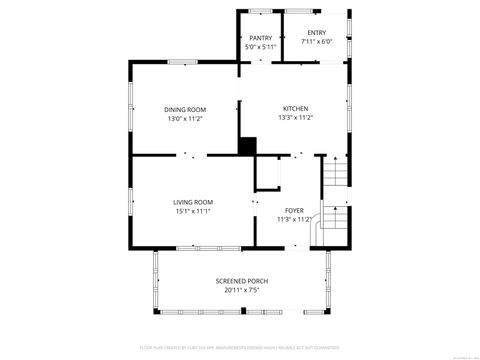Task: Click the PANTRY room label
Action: pyautogui.click(x=260, y=38)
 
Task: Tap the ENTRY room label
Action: pyautogui.click(x=316, y=32)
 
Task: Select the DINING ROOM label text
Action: pyautogui.click(x=185, y=109)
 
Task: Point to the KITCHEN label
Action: pyautogui.click(x=295, y=109)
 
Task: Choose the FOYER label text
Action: pyautogui.click(x=294, y=210)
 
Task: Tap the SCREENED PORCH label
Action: pyautogui.click(x=242, y=281)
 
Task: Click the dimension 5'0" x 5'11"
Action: pyautogui.click(x=260, y=47)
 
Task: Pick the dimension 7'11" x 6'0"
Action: pyautogui.click(x=316, y=41)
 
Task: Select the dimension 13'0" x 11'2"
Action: pyautogui.click(x=185, y=118)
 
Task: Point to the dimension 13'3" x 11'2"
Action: pyautogui.click(x=295, y=118)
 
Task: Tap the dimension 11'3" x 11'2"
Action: pyautogui.click(x=294, y=219)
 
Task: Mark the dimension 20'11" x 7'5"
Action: pyautogui.click(x=242, y=290)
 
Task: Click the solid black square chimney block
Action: pyautogui.click(x=247, y=145)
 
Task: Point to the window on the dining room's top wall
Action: pyautogui.click(x=181, y=62)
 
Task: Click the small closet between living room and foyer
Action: pyautogui.click(x=268, y=174)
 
